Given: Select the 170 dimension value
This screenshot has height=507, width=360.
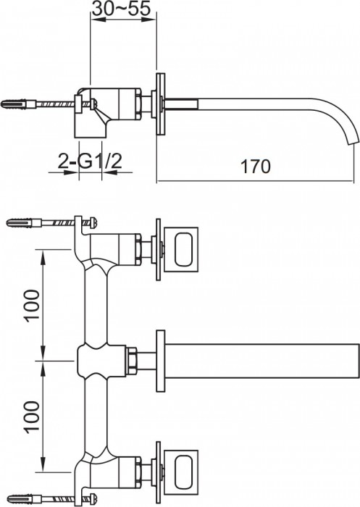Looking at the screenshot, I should (x=256, y=166).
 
